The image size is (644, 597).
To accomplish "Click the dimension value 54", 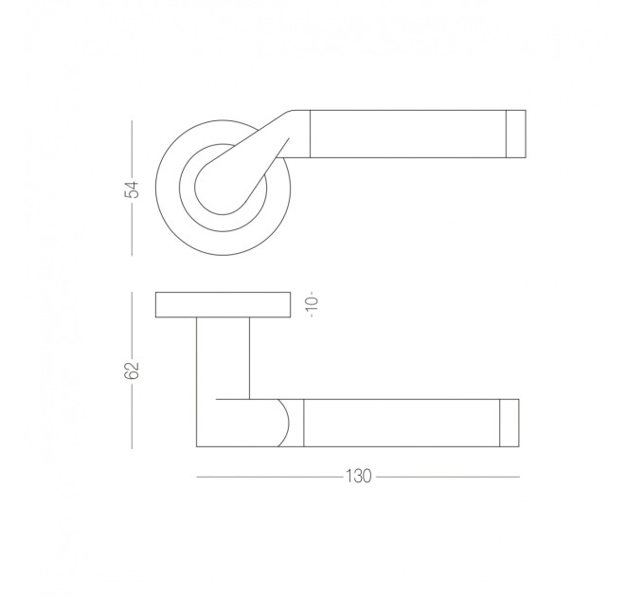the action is click(x=132, y=190).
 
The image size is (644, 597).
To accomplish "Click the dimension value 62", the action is click(x=132, y=371).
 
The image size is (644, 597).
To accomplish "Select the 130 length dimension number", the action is click(x=359, y=477).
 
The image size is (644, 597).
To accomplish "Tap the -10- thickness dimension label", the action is click(x=313, y=304).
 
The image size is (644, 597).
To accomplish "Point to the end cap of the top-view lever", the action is click(x=516, y=134).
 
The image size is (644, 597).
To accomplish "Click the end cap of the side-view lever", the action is click(x=510, y=423).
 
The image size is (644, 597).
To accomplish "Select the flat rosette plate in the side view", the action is click(x=223, y=305).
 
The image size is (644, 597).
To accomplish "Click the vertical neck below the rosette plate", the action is click(x=223, y=358).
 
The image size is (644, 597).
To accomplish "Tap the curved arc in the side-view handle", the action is click(x=288, y=423).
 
